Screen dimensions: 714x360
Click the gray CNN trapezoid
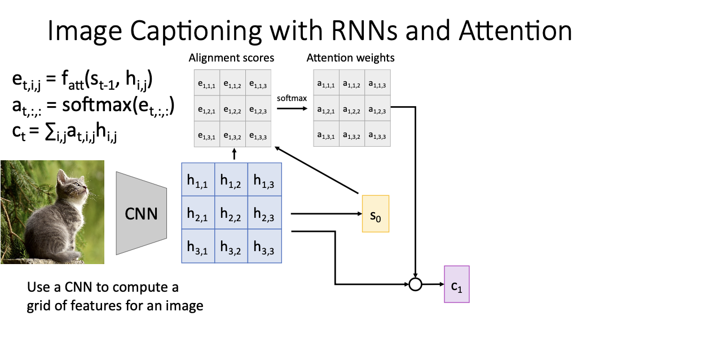click(141, 213)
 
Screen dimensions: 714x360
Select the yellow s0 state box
click(376, 214)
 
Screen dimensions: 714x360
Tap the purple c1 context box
click(457, 284)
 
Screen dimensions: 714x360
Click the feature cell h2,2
click(231, 213)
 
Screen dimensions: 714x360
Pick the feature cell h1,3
click(265, 179)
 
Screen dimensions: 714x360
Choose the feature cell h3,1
click(198, 246)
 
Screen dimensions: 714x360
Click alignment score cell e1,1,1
click(207, 82)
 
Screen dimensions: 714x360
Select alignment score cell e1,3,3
click(258, 134)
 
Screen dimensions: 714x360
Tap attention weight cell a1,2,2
click(352, 108)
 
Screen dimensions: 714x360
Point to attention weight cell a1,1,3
click(378, 82)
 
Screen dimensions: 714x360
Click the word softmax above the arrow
click(292, 98)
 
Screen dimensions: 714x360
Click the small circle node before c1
click(415, 284)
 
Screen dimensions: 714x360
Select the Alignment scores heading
click(231, 58)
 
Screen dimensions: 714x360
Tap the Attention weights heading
click(351, 58)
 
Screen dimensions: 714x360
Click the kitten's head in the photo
click(70, 183)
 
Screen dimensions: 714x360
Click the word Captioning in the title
click(196, 31)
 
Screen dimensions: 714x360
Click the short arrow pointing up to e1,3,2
click(234, 154)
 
